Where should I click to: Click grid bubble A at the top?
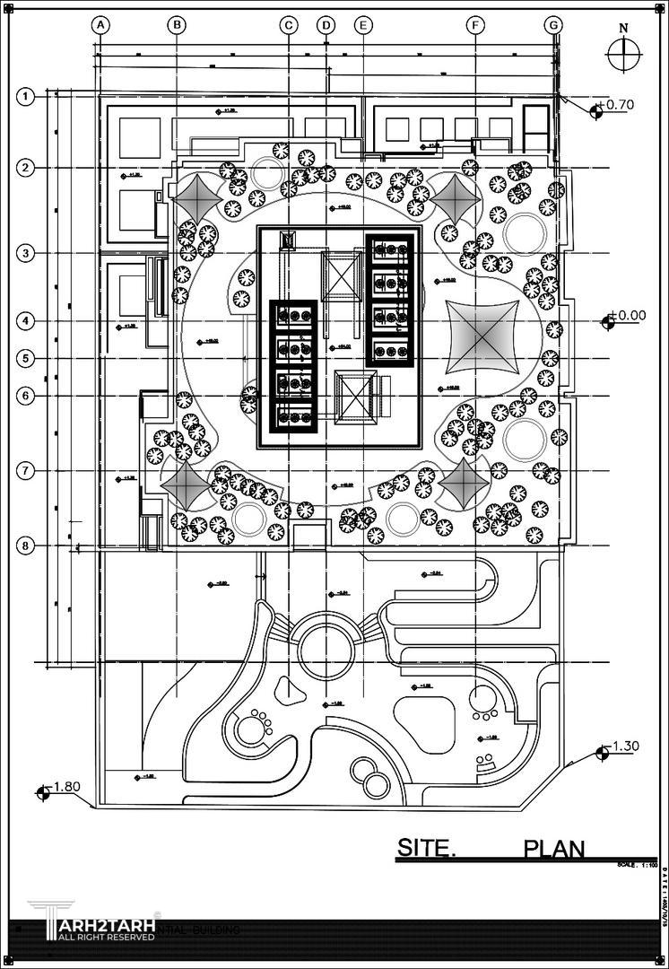(101, 25)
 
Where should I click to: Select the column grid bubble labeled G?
(554, 25)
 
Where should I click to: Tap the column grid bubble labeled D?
(326, 25)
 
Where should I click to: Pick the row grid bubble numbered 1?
(27, 96)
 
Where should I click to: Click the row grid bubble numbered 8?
(27, 545)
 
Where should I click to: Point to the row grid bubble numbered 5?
(27, 359)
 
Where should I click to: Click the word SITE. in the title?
(427, 847)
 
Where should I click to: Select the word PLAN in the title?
(554, 848)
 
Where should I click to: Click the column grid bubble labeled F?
(475, 25)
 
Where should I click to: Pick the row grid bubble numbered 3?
(27, 253)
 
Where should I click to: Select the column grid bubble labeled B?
(177, 25)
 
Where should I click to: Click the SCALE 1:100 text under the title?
(637, 865)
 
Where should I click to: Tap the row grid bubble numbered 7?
(27, 470)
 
